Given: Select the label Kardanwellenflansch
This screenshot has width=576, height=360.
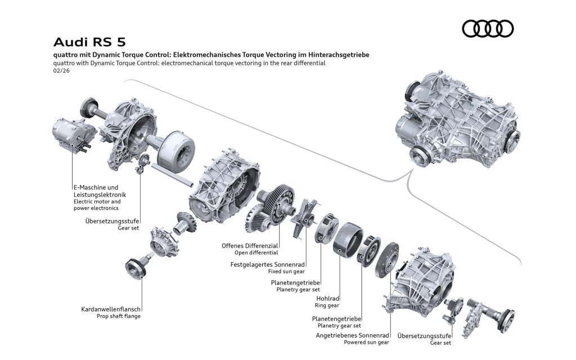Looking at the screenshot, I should click(111, 309).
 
